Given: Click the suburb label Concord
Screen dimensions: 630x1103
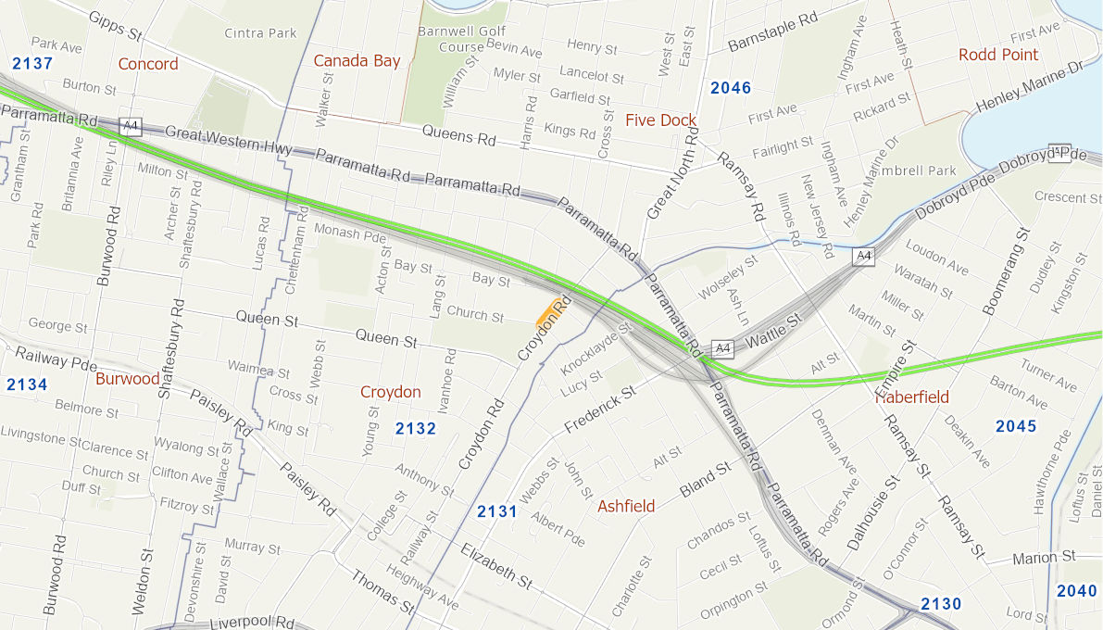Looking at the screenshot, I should click(x=148, y=64).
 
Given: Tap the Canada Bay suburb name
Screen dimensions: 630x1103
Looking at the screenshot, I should click(x=357, y=61).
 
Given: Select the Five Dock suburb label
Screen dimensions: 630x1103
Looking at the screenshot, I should click(x=660, y=120).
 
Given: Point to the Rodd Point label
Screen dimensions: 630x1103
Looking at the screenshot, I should click(x=998, y=55).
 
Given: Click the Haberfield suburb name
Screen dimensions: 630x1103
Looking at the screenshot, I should click(x=913, y=397).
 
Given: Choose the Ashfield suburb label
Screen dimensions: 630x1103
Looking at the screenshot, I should click(x=626, y=506).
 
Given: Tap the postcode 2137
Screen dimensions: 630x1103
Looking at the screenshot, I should click(x=32, y=64).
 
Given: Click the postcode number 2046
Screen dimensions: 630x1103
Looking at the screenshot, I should click(x=731, y=88).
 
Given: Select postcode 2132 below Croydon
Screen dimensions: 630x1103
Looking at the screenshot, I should click(x=415, y=428).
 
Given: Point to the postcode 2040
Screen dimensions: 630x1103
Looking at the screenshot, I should click(x=1076, y=591).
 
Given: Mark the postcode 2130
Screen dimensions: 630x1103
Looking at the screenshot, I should click(x=941, y=604).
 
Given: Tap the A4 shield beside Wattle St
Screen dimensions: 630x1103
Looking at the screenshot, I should click(x=722, y=348).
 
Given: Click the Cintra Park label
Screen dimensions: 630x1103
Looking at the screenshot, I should click(x=260, y=33).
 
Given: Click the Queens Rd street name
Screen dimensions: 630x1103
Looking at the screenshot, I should click(x=458, y=136).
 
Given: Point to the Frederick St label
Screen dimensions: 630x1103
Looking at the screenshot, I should click(x=599, y=408).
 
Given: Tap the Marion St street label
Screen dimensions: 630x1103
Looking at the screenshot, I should click(x=1044, y=557).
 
